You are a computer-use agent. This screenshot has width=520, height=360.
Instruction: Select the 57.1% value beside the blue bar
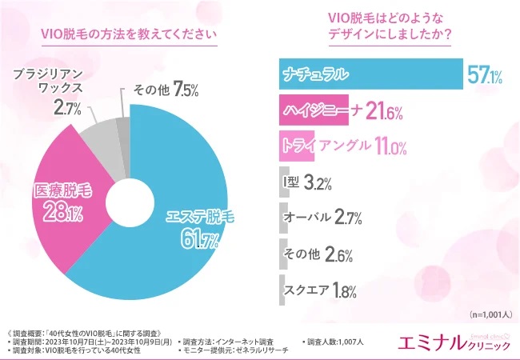484,76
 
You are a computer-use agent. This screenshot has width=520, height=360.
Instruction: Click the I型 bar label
291,182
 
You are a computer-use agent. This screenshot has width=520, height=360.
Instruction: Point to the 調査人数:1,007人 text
334,342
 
